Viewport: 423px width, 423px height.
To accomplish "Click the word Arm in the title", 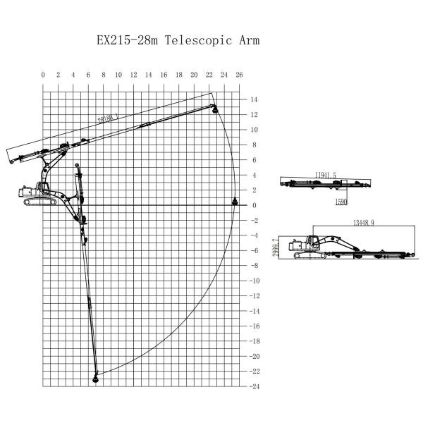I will coord(249,40).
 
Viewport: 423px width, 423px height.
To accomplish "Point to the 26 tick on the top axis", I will coord(239,75).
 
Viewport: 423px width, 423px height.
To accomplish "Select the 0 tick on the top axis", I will coord(43,75).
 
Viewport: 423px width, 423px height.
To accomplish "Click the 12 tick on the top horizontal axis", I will coord(134,75).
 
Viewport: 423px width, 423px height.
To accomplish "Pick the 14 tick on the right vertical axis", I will coord(254,99).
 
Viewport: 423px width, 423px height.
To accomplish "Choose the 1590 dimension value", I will coord(340,202).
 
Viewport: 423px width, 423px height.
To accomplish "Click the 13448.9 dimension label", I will coord(362,223).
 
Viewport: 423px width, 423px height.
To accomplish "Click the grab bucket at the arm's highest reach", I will coord(215,109).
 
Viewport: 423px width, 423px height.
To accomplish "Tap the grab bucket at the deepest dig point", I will coord(96,379).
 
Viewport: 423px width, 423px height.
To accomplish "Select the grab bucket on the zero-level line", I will coord(235,203).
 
